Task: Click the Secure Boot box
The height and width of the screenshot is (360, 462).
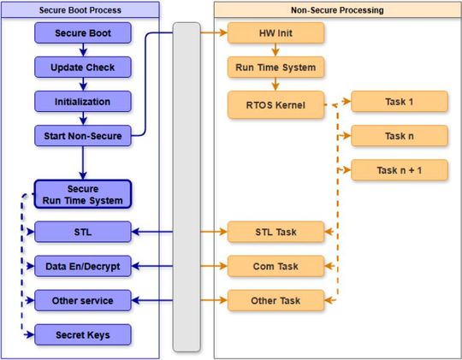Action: (x=83, y=33)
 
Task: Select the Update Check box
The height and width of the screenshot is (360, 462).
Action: (x=83, y=67)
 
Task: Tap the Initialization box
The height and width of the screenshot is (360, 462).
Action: (x=83, y=101)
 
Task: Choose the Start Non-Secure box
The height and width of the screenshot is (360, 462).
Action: (x=83, y=135)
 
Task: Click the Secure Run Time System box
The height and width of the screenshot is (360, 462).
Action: (x=83, y=194)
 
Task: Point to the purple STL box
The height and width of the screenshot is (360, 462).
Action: (x=83, y=231)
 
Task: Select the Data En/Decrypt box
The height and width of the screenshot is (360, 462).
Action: (x=83, y=266)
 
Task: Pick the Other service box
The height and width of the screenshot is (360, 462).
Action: (x=83, y=300)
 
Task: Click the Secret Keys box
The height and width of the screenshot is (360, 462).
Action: (x=83, y=334)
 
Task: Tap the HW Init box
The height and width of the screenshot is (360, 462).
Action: (x=275, y=33)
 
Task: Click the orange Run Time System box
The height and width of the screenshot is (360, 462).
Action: (x=275, y=67)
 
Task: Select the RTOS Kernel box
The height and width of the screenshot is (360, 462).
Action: (x=275, y=104)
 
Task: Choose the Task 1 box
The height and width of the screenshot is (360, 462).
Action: (x=400, y=101)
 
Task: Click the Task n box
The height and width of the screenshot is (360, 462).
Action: (x=400, y=135)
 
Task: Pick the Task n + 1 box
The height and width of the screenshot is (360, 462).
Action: (x=400, y=169)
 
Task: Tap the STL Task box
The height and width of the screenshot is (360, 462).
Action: (x=275, y=231)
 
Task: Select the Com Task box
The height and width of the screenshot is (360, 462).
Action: (x=275, y=266)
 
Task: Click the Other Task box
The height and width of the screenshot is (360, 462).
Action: (x=275, y=300)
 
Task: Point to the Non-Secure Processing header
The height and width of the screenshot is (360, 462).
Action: (x=336, y=10)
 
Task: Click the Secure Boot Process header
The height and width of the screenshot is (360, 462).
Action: (x=81, y=10)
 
